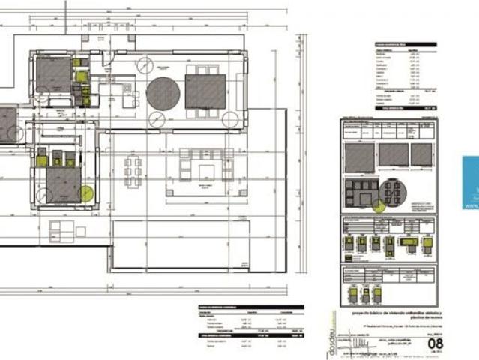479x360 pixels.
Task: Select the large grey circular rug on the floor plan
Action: [x=163, y=94]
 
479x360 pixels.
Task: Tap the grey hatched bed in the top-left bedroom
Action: [x=52, y=75]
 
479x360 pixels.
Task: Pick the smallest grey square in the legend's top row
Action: [x=421, y=154]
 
